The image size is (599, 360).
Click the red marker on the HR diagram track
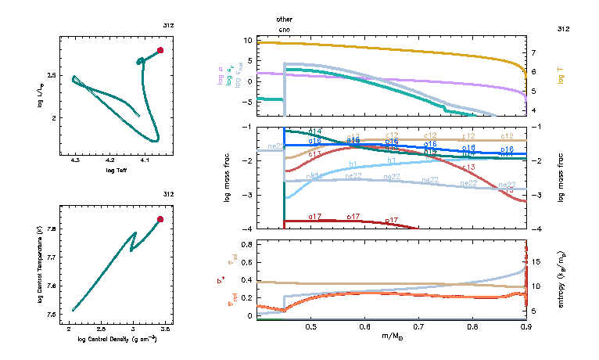click(160, 50)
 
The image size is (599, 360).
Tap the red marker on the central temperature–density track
click(160, 220)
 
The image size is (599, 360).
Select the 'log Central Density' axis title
click(118, 338)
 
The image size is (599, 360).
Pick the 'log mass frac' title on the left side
click(227, 178)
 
